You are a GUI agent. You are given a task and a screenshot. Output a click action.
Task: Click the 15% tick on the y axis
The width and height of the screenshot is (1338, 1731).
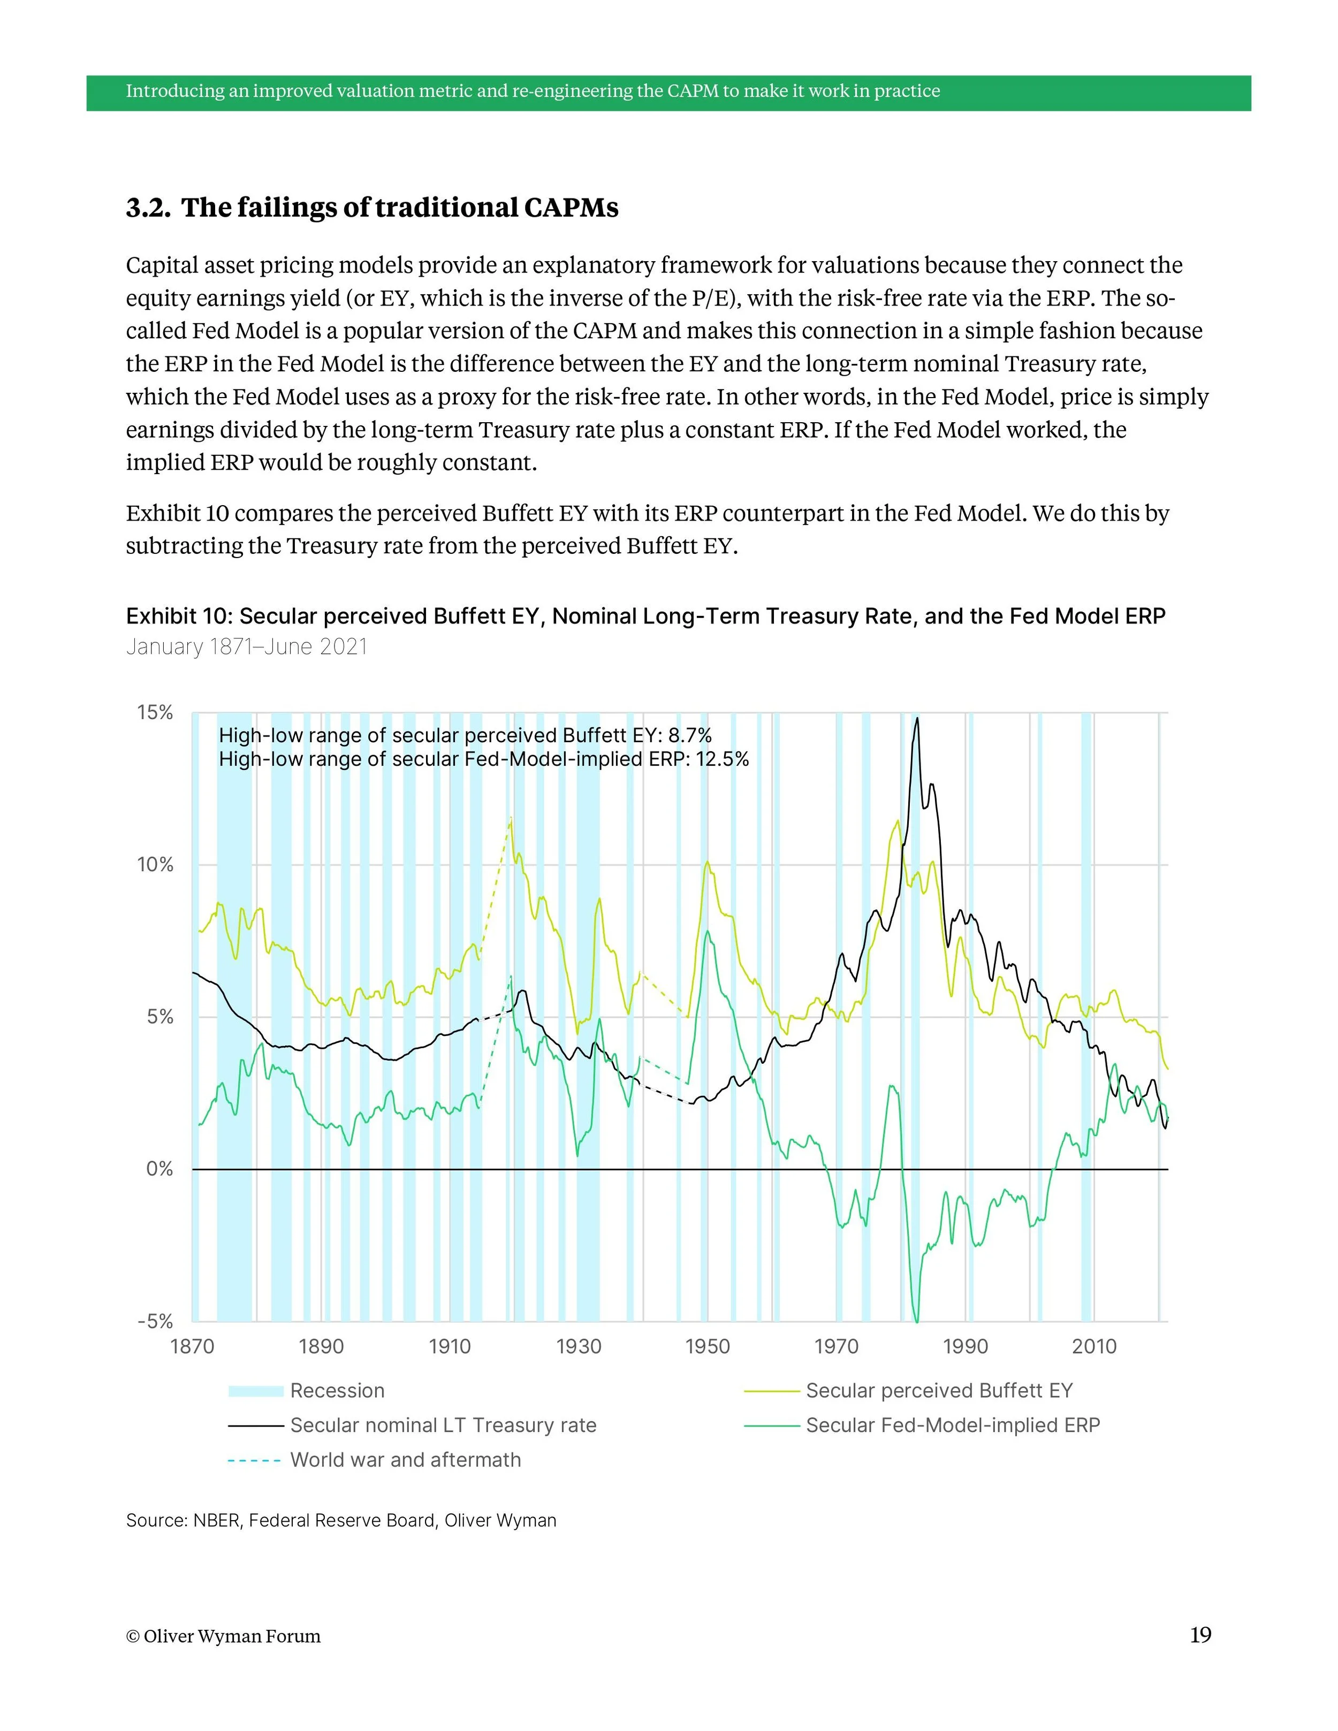tap(155, 713)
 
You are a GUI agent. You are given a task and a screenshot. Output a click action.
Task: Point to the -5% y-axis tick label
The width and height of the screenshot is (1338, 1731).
tap(155, 1321)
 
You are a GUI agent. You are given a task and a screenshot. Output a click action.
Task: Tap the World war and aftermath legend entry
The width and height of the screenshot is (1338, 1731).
tap(405, 1460)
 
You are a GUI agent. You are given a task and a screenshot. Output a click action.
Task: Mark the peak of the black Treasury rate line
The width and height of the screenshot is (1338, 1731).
tap(917, 718)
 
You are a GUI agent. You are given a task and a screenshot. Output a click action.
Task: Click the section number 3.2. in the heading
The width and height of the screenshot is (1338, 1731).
tap(148, 208)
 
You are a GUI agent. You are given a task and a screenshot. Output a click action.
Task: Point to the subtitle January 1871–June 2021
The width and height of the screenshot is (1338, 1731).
tap(247, 647)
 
